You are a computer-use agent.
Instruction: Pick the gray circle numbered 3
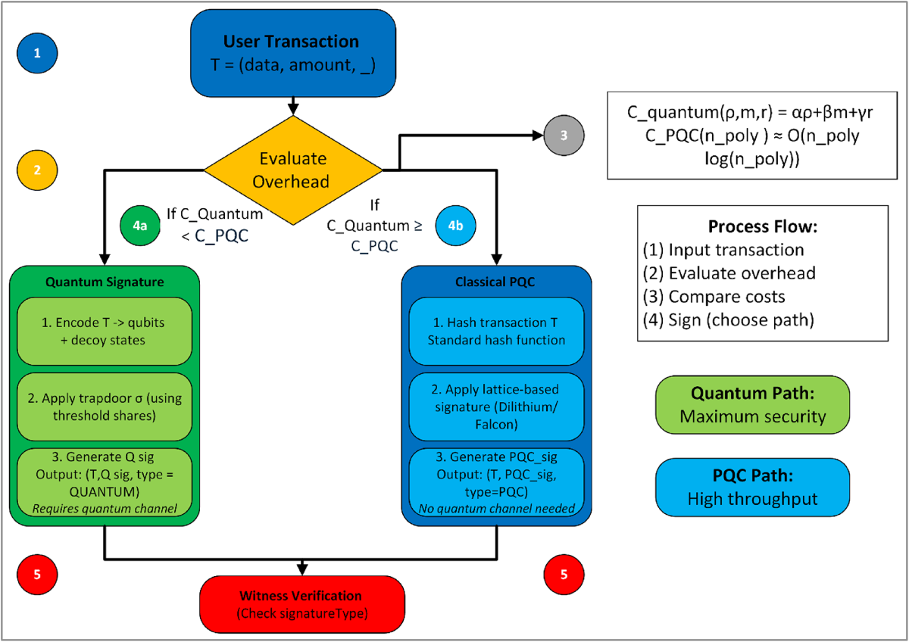(562, 137)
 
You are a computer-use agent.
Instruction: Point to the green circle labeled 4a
(140, 226)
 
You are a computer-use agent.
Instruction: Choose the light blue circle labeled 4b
(458, 226)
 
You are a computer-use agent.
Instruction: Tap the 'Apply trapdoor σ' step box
(105, 405)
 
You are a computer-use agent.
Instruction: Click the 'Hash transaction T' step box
(497, 331)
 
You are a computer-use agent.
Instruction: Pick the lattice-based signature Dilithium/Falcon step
(497, 407)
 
